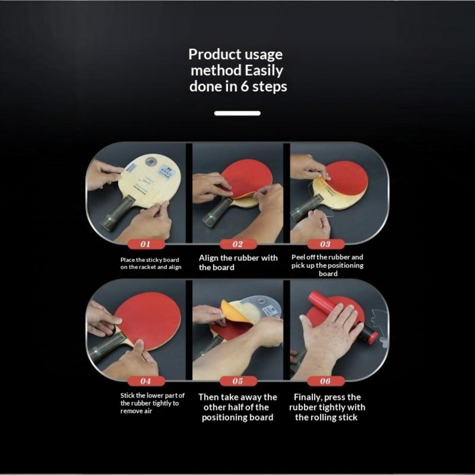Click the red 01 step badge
[145, 244]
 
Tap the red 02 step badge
[238, 244]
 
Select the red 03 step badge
[326, 244]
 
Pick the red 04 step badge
[145, 381]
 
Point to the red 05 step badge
[238, 381]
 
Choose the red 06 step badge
[326, 381]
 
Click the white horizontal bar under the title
[237, 113]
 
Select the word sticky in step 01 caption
[154, 260]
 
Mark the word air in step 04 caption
[148, 411]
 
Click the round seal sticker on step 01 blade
[151, 162]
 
